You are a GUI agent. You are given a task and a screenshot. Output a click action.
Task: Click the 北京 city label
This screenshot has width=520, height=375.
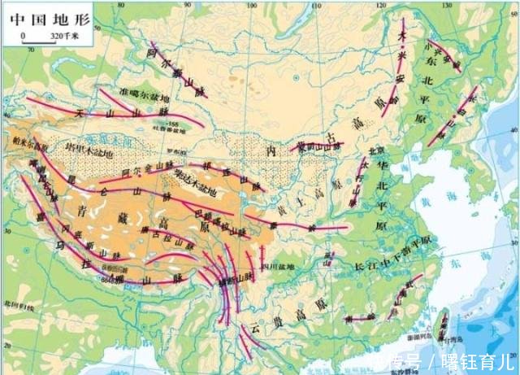(375, 150)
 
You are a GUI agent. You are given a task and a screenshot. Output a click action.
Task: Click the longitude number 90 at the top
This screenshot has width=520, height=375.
(186, 4)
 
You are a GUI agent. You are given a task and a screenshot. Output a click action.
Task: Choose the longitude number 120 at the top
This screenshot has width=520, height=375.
(383, 4)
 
